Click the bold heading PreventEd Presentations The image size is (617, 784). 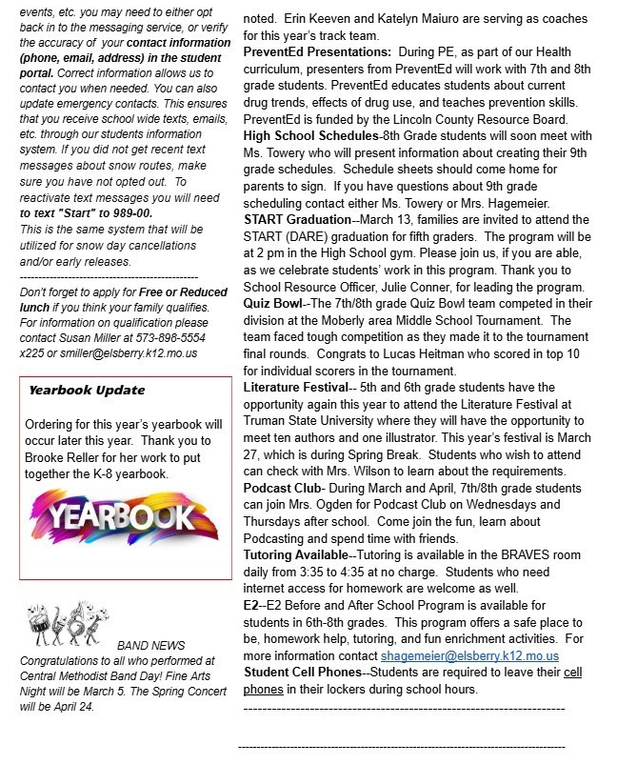(317, 50)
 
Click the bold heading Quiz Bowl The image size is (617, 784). (272, 304)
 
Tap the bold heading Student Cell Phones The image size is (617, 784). (302, 673)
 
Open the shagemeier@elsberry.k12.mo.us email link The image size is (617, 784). (469, 656)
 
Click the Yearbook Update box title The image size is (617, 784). (87, 390)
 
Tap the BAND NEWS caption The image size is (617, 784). (150, 646)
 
